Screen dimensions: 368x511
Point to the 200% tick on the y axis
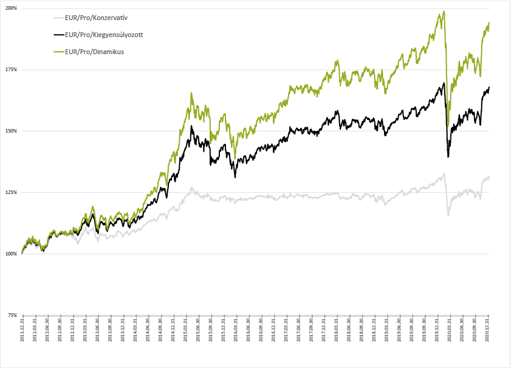click(x=11, y=8)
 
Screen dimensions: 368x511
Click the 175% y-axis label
click(x=11, y=69)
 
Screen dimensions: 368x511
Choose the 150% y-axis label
click(x=11, y=131)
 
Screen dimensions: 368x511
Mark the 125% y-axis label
click(x=11, y=192)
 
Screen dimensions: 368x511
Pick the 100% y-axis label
click(x=11, y=254)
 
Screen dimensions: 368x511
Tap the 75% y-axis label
click(x=12, y=315)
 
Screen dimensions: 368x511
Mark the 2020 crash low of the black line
click(x=448, y=157)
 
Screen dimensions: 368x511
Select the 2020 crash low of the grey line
click(x=448, y=215)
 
